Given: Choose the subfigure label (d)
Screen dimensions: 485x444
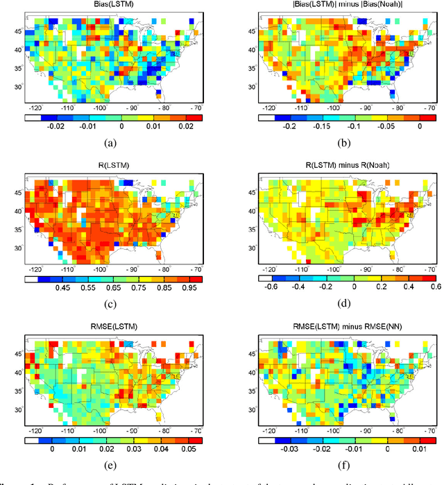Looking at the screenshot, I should coord(341,303).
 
